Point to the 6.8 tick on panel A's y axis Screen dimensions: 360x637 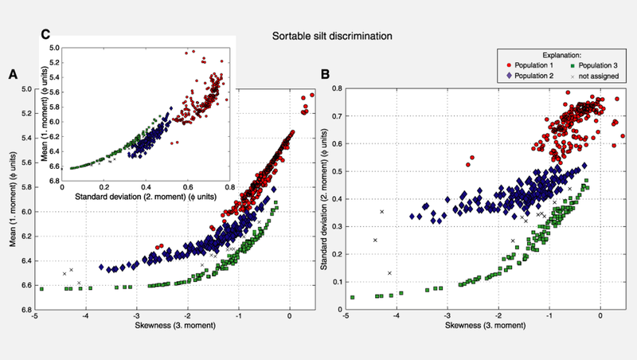coord(25,310)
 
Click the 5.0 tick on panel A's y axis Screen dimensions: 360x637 coord(25,88)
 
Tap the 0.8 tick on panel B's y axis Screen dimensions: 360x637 coord(337,88)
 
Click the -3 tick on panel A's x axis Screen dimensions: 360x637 coord(137,316)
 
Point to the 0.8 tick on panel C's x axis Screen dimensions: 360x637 coord(229,188)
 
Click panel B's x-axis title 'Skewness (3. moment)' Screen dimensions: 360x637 coord(475,327)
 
